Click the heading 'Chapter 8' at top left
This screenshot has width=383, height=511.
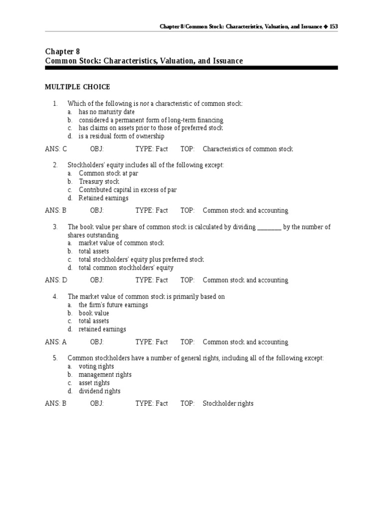[62, 51]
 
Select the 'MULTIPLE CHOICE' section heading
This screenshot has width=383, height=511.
[77, 87]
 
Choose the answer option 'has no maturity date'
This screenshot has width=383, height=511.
[107, 112]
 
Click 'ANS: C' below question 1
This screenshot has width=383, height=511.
[56, 149]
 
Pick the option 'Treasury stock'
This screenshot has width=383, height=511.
[99, 182]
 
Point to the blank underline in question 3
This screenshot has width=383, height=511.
[269, 228]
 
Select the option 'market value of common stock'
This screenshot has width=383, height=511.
[121, 243]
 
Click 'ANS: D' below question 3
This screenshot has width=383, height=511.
[56, 280]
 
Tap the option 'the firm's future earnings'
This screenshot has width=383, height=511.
[113, 305]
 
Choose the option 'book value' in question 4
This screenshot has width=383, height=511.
[94, 313]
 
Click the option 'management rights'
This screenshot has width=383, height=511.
[105, 375]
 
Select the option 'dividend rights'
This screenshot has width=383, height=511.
[99, 391]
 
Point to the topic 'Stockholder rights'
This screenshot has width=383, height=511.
[228, 404]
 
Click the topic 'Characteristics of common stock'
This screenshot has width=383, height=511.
[248, 149]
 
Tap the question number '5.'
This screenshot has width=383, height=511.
[56, 358]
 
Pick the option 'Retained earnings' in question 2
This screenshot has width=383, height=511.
[103, 198]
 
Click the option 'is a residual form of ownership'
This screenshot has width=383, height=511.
[121, 136]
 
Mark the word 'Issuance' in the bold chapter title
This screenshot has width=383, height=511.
[226, 61]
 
